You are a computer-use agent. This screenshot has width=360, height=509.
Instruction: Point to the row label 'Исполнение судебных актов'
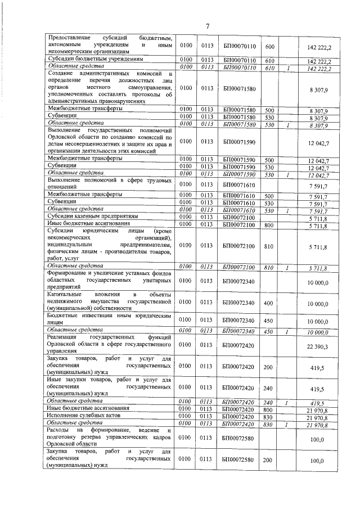click(83, 416)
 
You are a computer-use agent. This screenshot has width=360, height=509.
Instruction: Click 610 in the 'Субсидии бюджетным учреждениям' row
click(269, 59)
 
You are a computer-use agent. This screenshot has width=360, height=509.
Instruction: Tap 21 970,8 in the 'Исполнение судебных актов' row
click(318, 417)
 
